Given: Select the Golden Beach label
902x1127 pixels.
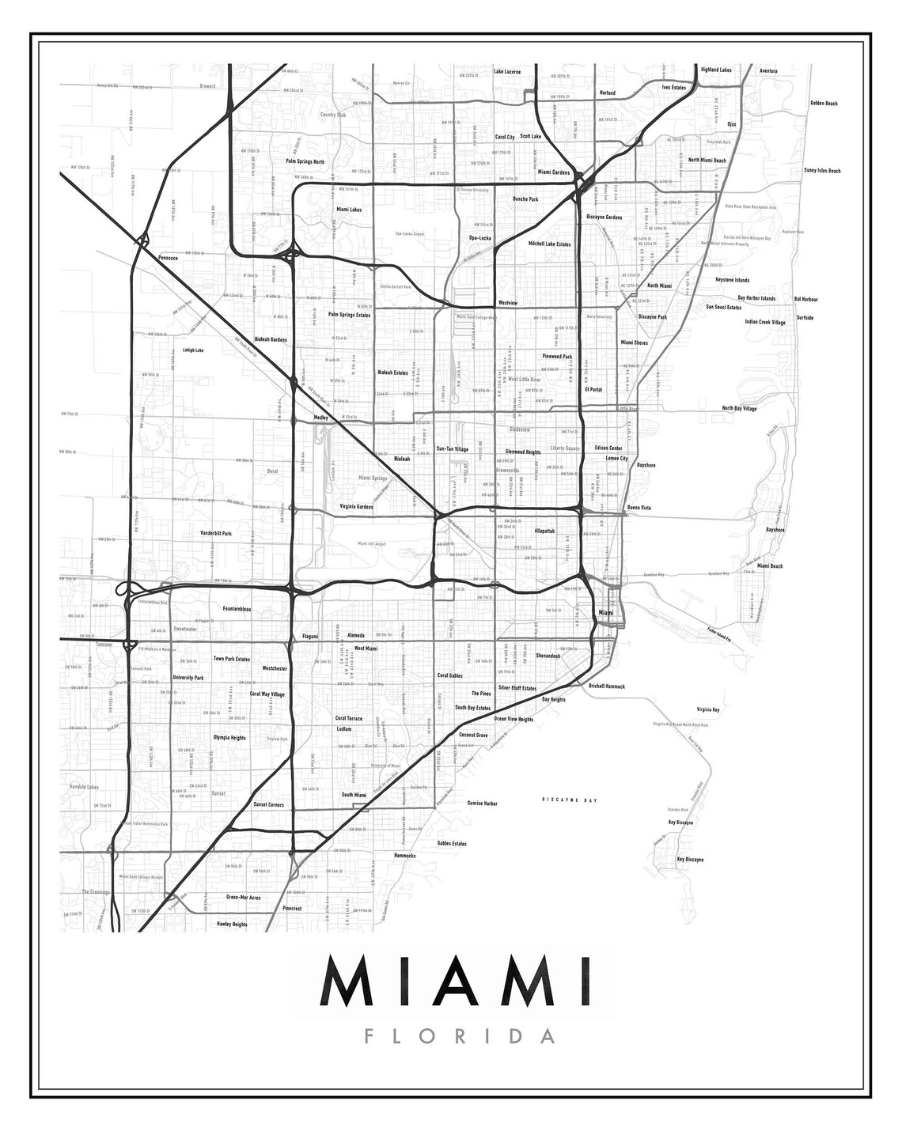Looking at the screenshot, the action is click(824, 104).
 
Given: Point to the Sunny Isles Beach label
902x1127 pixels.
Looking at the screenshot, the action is click(822, 171).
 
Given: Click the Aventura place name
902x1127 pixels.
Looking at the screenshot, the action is click(768, 70).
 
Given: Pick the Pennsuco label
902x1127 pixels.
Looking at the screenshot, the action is click(169, 258).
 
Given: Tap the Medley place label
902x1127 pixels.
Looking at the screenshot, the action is click(320, 416).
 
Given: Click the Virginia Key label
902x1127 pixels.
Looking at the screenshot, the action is click(708, 709).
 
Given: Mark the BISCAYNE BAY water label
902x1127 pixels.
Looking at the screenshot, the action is click(568, 801).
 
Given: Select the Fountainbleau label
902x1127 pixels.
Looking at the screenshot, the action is click(237, 609).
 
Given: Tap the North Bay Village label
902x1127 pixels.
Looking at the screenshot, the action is click(739, 409).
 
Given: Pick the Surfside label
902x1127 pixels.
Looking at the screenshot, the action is click(805, 318).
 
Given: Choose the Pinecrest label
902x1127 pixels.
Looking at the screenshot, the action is click(292, 909).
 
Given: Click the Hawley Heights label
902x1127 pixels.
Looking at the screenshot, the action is click(231, 924).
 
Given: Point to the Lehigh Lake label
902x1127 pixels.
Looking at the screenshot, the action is click(193, 350).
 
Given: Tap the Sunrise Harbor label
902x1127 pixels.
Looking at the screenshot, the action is click(482, 804).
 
